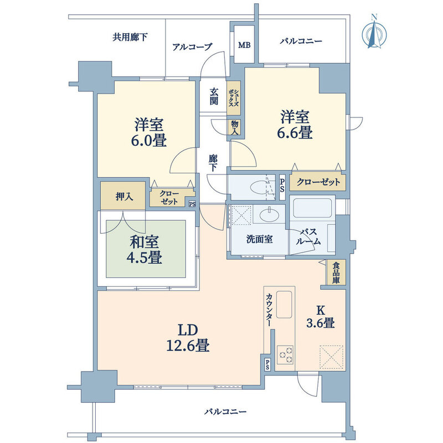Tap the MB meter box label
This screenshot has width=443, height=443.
244,45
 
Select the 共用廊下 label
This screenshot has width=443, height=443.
130,37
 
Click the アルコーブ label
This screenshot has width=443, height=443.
192,47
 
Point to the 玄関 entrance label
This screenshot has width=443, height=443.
214,96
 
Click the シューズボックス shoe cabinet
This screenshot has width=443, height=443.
234,98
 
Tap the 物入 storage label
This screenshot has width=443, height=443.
235,127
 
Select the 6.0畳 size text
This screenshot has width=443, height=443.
148,141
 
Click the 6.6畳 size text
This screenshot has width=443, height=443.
295,132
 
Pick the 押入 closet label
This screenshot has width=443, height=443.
124,197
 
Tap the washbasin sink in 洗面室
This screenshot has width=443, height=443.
269,216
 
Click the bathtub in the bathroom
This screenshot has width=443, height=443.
312,208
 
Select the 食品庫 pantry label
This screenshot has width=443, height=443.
336,272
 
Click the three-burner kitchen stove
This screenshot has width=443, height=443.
285,355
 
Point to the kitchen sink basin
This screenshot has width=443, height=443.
284,304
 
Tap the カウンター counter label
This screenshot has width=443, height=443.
270,310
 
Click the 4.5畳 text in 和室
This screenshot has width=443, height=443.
145,257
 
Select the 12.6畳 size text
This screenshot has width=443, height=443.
188,345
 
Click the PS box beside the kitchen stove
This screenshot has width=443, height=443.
267,364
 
